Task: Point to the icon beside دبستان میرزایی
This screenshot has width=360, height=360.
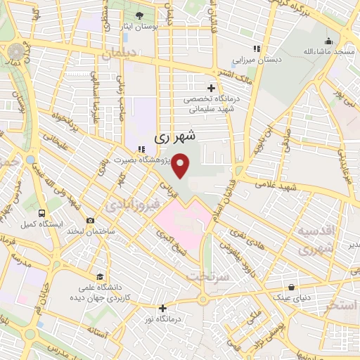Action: tap(257, 49)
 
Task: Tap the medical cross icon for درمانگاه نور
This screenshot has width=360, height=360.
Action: tap(162, 307)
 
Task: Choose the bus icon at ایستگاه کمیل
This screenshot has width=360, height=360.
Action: tap(42, 213)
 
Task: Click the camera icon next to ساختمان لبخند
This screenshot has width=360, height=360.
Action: tap(91, 221)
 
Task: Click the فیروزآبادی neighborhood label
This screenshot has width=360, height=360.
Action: tap(127, 205)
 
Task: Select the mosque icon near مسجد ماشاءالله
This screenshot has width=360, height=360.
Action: tap(328, 40)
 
